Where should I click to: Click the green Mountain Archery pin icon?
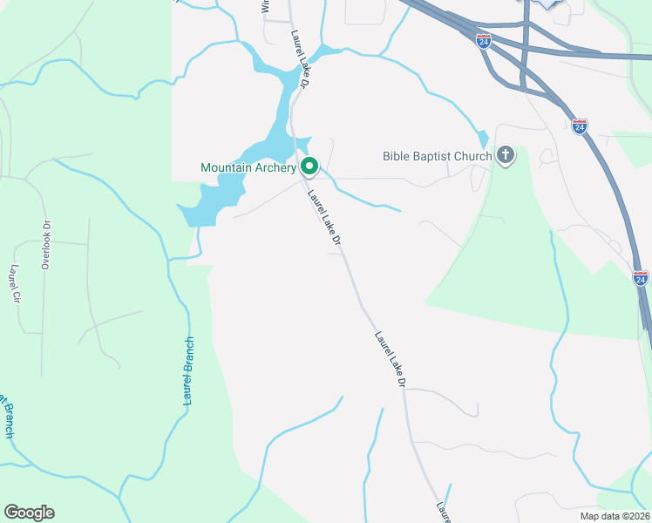[309, 166]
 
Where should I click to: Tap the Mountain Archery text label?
[248, 167]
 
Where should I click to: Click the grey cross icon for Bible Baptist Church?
[506, 156]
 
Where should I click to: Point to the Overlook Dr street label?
[46, 244]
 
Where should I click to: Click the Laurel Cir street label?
[14, 283]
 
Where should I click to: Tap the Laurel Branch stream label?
[187, 370]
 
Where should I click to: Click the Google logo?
[29, 513]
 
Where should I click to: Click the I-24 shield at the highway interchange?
[484, 40]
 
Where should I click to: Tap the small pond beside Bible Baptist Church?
[484, 139]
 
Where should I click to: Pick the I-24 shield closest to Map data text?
[641, 278]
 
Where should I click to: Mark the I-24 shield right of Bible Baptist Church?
[580, 126]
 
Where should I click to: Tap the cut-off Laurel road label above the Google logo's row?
[443, 513]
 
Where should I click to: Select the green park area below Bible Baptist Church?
[523, 261]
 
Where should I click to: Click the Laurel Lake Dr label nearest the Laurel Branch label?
[391, 357]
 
